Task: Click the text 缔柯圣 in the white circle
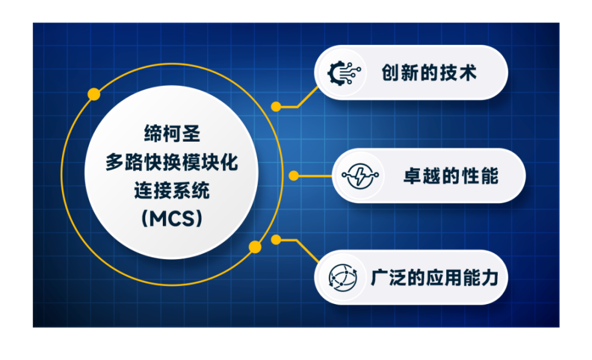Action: (172, 134)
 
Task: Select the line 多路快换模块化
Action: (172, 162)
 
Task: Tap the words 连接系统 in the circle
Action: (172, 190)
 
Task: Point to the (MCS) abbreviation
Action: (172, 218)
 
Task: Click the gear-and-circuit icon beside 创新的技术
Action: (343, 73)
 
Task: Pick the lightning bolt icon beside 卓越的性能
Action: (360, 176)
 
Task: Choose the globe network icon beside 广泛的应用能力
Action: (343, 278)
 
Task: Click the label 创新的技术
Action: (429, 73)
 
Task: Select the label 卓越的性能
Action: (451, 176)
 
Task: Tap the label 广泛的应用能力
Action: (435, 278)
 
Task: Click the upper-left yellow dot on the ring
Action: (94, 94)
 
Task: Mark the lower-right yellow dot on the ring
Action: (255, 247)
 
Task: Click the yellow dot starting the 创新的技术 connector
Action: (276, 107)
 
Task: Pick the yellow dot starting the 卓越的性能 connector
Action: (294, 176)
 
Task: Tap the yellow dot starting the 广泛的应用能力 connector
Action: (276, 240)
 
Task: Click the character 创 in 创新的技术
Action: (391, 73)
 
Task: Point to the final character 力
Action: (490, 278)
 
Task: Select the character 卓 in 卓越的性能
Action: (413, 176)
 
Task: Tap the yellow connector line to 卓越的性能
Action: (315, 176)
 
